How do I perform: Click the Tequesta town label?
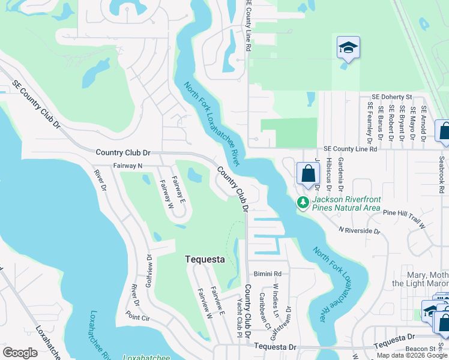[x=204, y=259]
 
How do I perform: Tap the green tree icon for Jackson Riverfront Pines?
[x=304, y=202]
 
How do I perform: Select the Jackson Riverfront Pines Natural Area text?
[x=346, y=203]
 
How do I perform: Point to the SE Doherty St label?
[x=392, y=96]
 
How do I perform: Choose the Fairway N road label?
[x=128, y=166]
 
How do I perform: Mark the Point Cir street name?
[x=137, y=317]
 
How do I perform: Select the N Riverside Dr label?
[x=359, y=230]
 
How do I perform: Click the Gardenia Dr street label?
[x=340, y=173]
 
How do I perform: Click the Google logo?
[x=20, y=353]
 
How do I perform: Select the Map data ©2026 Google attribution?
[x=411, y=355]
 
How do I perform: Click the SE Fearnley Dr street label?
[x=369, y=121]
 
